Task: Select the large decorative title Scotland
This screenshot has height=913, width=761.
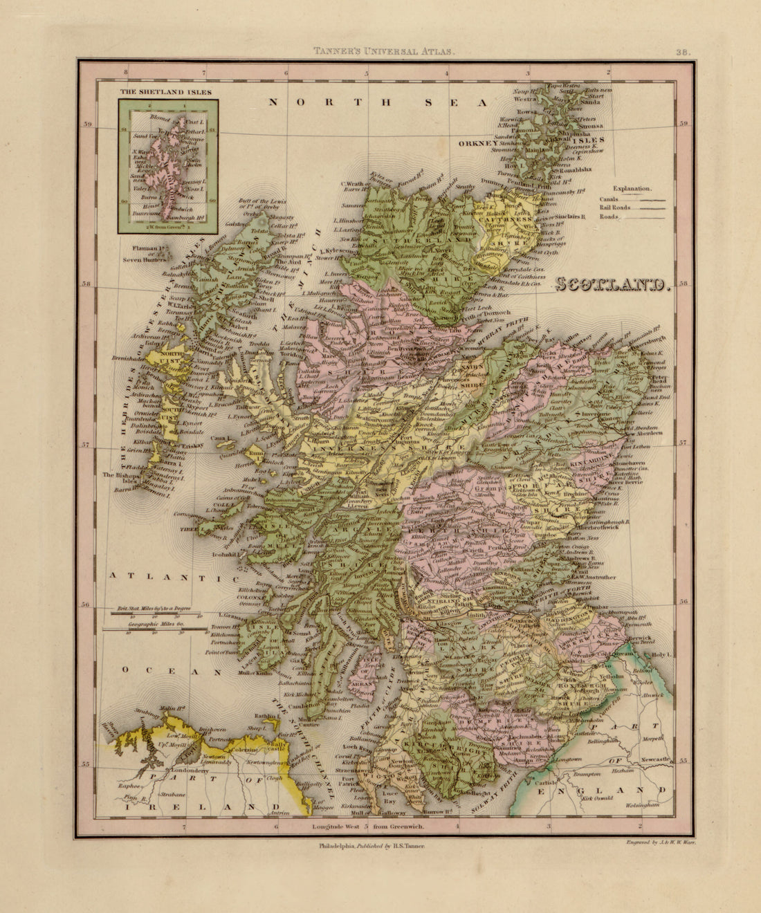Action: point(613,285)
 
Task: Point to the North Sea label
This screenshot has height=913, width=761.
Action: point(379,102)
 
